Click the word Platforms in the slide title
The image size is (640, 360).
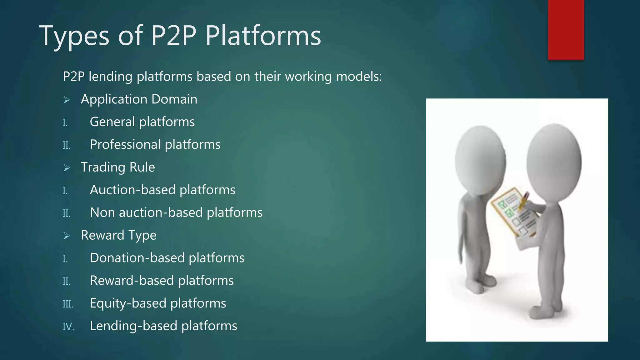pos(263,36)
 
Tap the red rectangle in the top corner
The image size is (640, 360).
pos(566,30)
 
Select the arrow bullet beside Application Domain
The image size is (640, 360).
pos(67,100)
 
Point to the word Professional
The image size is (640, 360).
pos(125,145)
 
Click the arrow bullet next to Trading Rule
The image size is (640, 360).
pos(67,168)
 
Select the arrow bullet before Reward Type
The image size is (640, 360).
pos(67,236)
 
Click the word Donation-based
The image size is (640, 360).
pos(137,258)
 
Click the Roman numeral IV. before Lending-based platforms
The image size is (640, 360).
pos(68,327)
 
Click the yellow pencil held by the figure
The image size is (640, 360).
pos(523,201)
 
